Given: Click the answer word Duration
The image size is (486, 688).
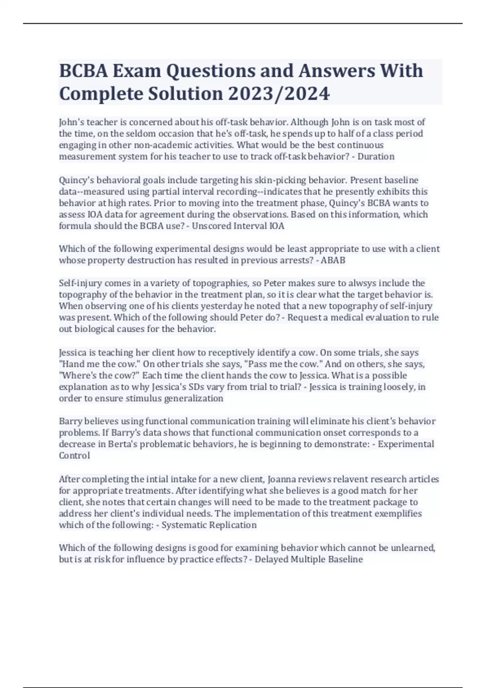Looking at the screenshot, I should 376,157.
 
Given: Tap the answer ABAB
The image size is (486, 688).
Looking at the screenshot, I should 333,260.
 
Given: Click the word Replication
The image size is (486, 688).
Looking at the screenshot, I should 234,525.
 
